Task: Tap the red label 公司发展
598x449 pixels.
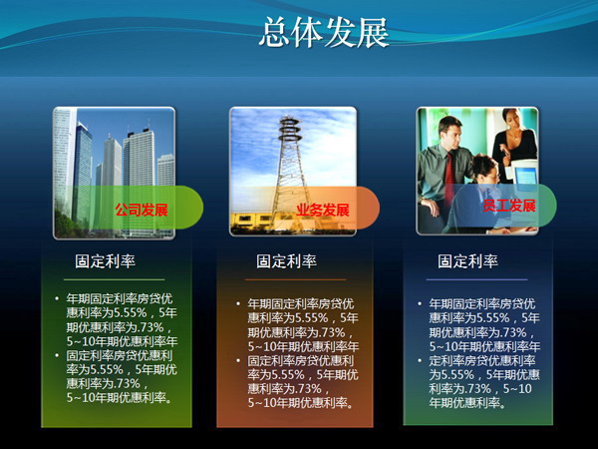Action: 142,211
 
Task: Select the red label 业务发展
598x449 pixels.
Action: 323,211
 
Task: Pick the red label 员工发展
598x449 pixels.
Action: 509,207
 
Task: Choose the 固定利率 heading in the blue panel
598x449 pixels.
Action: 468,261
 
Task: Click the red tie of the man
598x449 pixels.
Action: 449,170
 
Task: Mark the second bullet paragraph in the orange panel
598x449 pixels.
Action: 300,381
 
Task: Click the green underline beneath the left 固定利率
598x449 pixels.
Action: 110,279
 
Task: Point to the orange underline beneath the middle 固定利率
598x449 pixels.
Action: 291,279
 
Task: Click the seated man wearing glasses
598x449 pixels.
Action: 482,185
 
